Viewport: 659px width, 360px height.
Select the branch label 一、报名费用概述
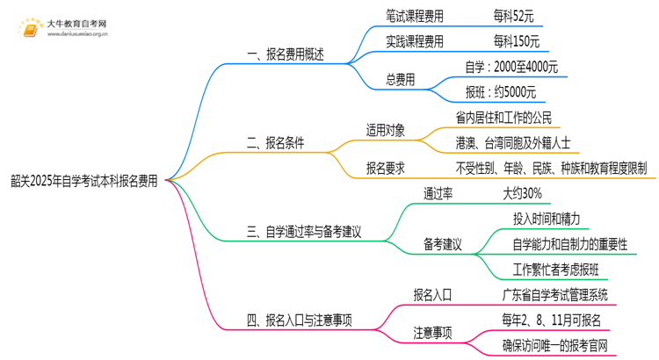286,54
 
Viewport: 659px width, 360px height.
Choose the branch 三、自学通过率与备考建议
305,233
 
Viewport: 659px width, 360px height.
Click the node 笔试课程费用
415,15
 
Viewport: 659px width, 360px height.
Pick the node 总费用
401,80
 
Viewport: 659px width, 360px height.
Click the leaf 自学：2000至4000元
511,67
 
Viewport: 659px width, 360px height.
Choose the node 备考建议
443,244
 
